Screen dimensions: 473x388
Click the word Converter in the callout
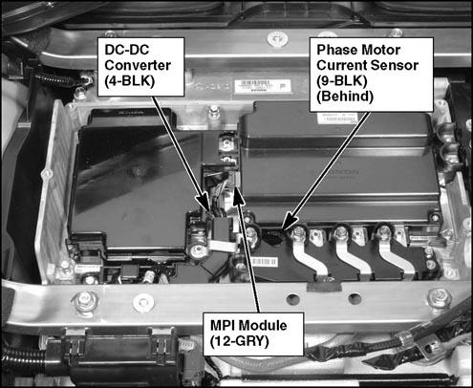click(138, 65)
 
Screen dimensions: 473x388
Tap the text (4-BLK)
click(129, 81)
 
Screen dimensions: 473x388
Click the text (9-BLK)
click(342, 81)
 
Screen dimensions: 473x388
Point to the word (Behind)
click(345, 97)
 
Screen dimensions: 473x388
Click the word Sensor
click(395, 65)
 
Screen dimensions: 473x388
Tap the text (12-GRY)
click(240, 341)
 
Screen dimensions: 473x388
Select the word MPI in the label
click(223, 326)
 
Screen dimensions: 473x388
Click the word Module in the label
click(263, 326)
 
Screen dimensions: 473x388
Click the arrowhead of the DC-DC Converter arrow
click(204, 203)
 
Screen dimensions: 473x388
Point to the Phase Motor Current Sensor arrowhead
click(289, 222)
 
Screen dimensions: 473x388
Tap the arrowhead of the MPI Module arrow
click(238, 195)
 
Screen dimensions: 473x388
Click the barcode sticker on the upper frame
click(263, 86)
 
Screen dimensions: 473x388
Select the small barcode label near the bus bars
click(264, 262)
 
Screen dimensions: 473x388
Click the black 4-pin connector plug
click(221, 228)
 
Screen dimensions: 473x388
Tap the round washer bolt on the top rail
click(278, 39)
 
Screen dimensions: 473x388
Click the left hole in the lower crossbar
click(292, 299)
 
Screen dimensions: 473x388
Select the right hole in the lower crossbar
click(354, 299)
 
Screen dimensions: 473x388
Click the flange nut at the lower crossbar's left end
click(85, 300)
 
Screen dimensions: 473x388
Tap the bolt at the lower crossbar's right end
click(440, 298)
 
